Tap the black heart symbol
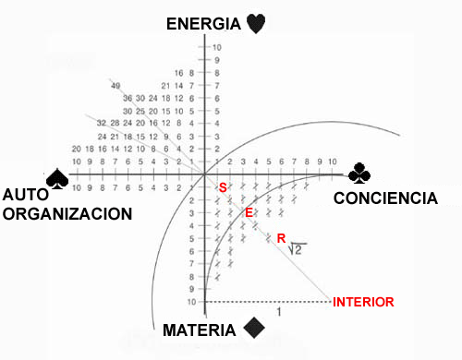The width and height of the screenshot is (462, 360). coord(257,24)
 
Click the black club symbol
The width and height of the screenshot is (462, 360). coord(359,174)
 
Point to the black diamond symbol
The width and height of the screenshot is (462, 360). coord(251,329)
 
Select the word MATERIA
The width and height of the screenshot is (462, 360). coord(201,330)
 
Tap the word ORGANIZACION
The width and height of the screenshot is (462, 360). coord(67,213)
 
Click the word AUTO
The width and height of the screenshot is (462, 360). coord(26,195)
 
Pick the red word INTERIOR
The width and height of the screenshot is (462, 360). coord(364,302)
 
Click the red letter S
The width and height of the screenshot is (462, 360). coord(222,188)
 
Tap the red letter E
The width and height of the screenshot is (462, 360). coord(248,213)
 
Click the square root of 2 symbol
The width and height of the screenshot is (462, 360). coord(298,248)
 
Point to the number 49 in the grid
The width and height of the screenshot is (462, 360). coord(115,86)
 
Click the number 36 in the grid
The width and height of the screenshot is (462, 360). coord(128,98)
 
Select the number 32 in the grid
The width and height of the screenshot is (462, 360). coord(102,123)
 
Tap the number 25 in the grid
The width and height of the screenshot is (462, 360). coord(141,111)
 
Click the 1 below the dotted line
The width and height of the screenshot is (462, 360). coord(278,313)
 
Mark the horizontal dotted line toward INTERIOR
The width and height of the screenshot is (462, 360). coord(268,301)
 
